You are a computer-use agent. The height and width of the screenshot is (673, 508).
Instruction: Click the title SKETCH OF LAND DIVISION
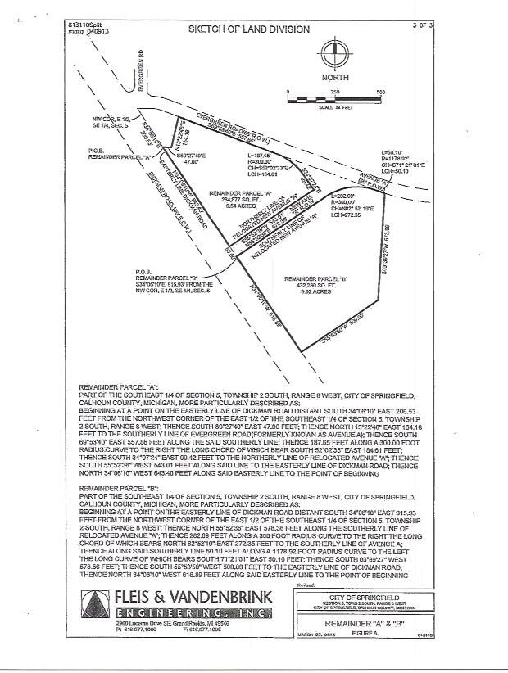pos(249,29)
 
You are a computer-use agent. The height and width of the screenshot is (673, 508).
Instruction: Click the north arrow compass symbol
pos(335,56)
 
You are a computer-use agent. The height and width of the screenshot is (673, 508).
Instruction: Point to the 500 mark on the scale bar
pos(380,92)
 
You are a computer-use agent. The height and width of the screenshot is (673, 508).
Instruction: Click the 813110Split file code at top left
pos(83,26)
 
